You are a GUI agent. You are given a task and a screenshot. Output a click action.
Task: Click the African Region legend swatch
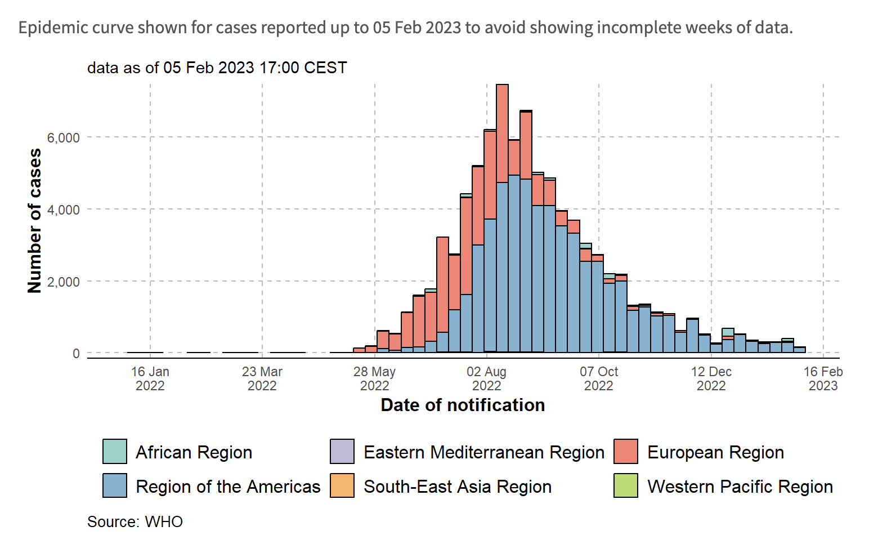[115, 452]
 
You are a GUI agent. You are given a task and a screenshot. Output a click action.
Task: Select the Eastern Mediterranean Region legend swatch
[342, 452]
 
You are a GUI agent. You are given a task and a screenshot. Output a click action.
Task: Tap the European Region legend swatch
[626, 452]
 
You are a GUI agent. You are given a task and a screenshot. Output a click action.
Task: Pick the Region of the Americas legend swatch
[115, 485]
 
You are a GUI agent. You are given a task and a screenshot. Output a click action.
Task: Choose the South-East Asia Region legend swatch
[342, 485]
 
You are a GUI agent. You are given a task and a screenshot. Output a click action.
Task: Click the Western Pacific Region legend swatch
[626, 485]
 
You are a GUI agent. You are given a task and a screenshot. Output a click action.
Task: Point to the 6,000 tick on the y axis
[63, 138]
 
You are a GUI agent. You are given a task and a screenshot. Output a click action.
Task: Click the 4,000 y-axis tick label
[63, 210]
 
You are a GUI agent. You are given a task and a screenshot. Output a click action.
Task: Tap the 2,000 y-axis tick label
[63, 282]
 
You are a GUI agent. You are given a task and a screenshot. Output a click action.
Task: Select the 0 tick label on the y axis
[76, 354]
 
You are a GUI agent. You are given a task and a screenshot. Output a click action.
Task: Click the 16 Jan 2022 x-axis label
[150, 378]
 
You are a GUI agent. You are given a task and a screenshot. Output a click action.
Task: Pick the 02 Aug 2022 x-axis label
[486, 378]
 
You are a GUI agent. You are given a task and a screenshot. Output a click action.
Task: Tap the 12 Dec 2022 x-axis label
[711, 378]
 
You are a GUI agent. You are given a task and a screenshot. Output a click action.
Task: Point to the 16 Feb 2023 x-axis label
[823, 378]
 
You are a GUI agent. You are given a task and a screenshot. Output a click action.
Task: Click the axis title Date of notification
[463, 405]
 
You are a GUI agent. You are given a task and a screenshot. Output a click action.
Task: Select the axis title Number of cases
[35, 221]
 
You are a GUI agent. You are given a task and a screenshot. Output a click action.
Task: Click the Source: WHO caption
[135, 521]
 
